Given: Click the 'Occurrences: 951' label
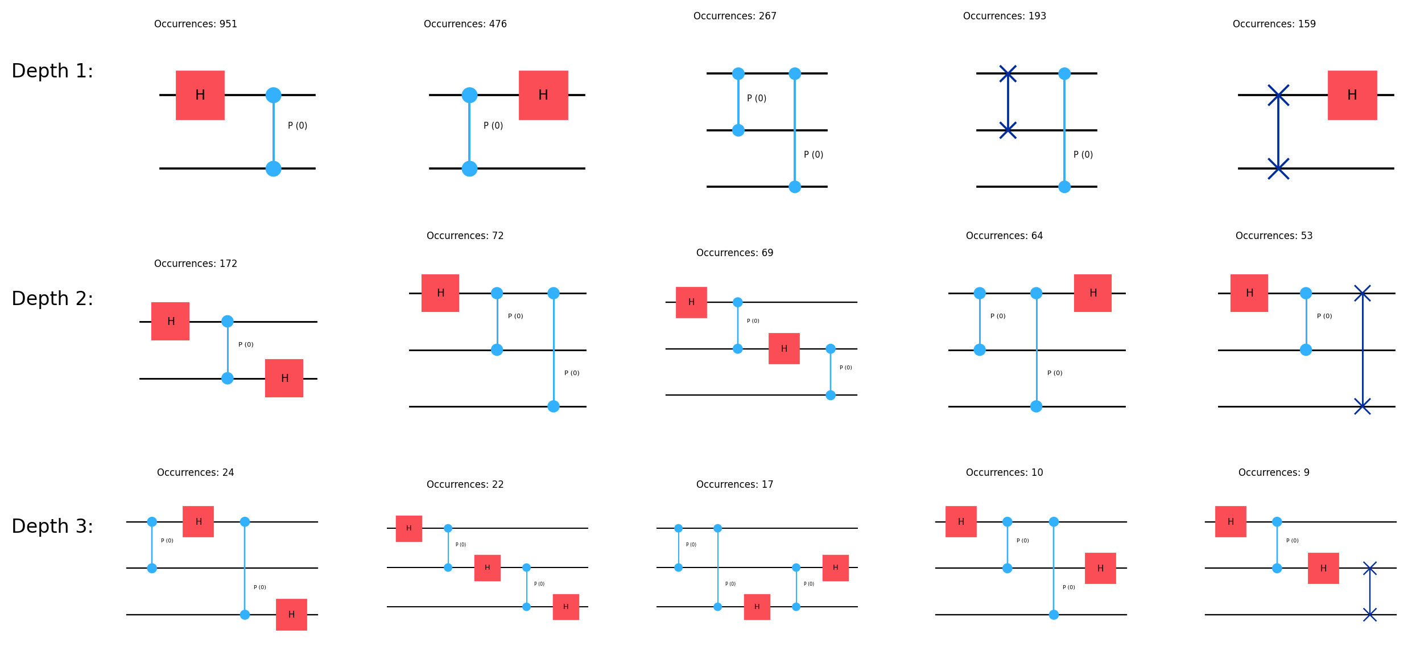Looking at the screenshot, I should click(x=195, y=24).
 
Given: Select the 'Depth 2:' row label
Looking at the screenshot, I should click(x=52, y=298).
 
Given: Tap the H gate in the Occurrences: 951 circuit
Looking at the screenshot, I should click(x=200, y=95).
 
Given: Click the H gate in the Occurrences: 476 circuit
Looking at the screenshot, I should click(x=543, y=95).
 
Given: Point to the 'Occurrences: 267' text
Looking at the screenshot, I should click(x=734, y=16).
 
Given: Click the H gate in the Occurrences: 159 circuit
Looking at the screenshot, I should click(x=1352, y=95).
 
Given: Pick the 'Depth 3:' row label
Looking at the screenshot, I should click(x=52, y=526).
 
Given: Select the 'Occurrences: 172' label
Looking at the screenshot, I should click(x=195, y=264).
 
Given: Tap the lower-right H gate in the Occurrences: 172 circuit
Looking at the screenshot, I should click(x=284, y=378).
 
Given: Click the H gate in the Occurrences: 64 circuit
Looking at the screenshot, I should click(x=1092, y=293).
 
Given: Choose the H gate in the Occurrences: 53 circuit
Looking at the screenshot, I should click(x=1249, y=293).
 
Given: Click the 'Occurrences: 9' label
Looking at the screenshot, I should click(x=1274, y=472).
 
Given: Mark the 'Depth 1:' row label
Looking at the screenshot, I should click(x=52, y=71).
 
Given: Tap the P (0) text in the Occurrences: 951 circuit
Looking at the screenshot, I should click(x=298, y=125).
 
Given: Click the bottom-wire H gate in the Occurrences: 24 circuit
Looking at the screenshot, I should click(x=291, y=615).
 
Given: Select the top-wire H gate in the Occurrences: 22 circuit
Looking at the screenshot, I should click(x=408, y=528).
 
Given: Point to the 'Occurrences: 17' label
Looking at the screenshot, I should click(x=734, y=484).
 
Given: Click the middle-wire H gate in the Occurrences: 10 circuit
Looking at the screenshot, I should click(x=1100, y=568).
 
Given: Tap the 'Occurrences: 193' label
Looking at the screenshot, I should click(x=1004, y=16).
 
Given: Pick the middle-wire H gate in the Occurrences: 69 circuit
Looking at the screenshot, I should click(x=784, y=348).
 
